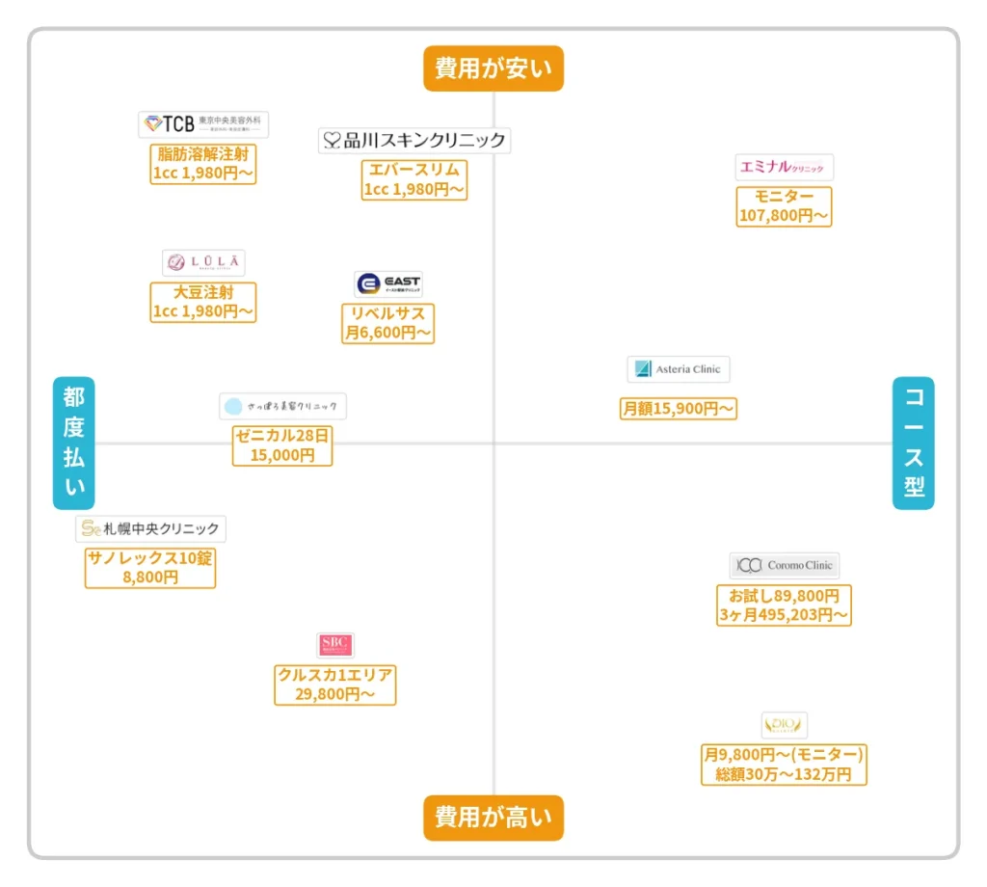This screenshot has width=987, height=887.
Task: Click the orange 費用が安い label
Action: [x=493, y=68]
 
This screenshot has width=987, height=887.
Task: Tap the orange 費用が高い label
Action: [x=493, y=818]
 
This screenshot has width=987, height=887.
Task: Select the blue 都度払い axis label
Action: [x=74, y=443]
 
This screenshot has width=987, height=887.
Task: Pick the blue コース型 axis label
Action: [x=913, y=443]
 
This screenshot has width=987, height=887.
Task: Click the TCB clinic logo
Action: [x=203, y=124]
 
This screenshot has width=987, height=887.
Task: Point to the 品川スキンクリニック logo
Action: [x=414, y=141]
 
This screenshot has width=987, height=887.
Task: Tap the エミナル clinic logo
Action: [x=783, y=168]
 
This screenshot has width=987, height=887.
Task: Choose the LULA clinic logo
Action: [x=203, y=262]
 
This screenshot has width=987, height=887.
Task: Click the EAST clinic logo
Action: [x=388, y=284]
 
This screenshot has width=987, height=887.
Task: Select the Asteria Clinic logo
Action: [x=679, y=369]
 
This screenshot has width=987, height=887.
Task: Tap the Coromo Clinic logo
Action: [x=784, y=566]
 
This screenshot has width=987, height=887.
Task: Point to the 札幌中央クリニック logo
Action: [x=150, y=528]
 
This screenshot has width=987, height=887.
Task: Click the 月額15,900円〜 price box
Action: [x=679, y=409]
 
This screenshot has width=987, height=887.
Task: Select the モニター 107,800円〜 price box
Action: [x=784, y=206]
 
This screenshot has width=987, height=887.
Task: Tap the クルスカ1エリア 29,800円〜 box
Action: [x=335, y=685]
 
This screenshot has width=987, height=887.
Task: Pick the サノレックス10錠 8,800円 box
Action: [x=150, y=568]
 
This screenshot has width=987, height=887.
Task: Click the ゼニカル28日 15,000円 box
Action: [x=282, y=445]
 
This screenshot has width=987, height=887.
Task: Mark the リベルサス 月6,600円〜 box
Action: [x=388, y=323]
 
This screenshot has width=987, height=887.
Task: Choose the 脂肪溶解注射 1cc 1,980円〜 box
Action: [x=203, y=164]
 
